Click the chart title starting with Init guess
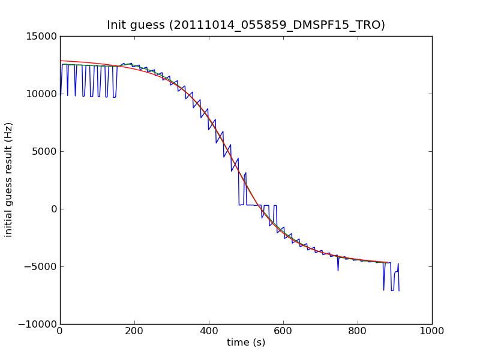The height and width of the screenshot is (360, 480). [x=246, y=25]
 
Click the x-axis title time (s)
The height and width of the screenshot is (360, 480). [x=246, y=343]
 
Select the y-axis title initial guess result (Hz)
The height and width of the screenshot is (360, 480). [x=9, y=179]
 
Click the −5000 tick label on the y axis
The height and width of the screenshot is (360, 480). [x=40, y=266]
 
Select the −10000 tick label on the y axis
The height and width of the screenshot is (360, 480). [x=37, y=324]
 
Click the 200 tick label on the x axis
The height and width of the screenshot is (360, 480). [x=134, y=331]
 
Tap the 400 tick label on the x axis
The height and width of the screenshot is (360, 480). [x=209, y=331]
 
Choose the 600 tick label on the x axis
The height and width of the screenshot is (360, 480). [x=283, y=331]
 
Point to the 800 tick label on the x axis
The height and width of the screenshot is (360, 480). [x=358, y=331]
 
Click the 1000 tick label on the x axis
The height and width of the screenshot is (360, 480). [x=432, y=331]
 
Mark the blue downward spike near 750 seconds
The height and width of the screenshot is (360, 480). [x=338, y=271]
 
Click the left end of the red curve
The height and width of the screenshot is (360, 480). [x=60, y=61]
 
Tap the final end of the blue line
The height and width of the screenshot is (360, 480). [x=399, y=291]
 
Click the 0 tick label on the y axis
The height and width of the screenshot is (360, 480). [x=53, y=209]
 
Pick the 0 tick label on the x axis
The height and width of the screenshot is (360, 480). [x=60, y=331]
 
